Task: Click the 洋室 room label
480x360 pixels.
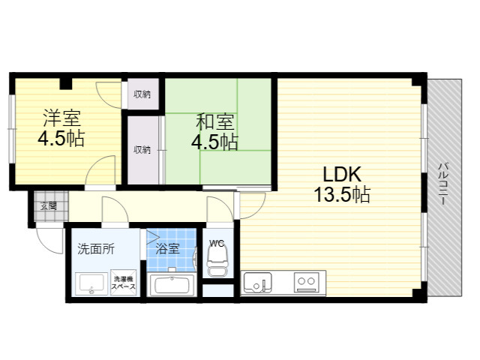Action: click(x=61, y=118)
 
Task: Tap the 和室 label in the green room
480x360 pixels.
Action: click(x=215, y=121)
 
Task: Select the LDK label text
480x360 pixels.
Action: click(x=342, y=175)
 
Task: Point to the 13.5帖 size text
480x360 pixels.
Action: click(x=342, y=194)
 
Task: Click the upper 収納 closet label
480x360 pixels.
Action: click(x=142, y=94)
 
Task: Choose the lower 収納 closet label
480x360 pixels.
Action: click(x=142, y=150)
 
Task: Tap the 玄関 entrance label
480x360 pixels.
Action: click(x=49, y=206)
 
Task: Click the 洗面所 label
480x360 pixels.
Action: click(x=96, y=249)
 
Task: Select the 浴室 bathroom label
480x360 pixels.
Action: click(x=167, y=248)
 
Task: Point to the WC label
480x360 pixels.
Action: click(x=217, y=243)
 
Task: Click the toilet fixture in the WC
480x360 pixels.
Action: click(x=217, y=260)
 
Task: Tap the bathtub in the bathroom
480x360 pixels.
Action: click(x=171, y=285)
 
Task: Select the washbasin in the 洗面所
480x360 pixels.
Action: click(x=91, y=283)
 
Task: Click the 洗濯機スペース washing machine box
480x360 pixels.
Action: click(x=123, y=283)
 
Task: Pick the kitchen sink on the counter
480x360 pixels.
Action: click(x=257, y=282)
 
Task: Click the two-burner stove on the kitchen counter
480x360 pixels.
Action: click(x=307, y=282)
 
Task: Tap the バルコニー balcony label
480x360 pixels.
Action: click(x=442, y=184)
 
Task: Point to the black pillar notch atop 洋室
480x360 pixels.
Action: click(x=66, y=84)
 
